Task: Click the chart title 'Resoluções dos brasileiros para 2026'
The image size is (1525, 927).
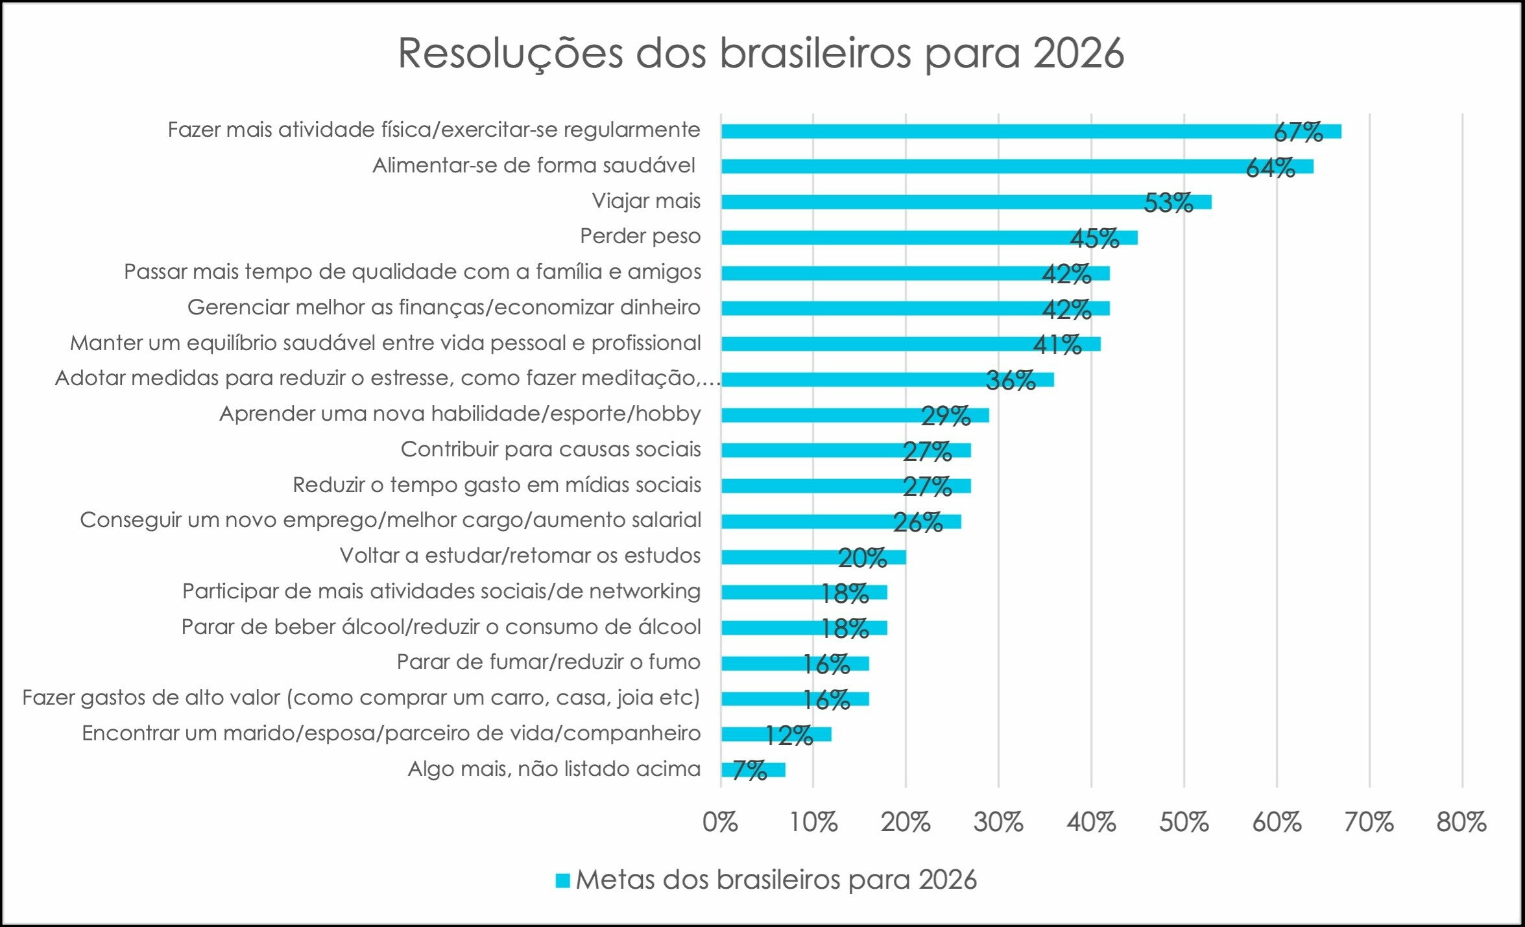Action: (x=760, y=53)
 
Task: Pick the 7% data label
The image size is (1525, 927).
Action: (x=750, y=770)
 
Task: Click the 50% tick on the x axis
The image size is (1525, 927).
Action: (x=1184, y=823)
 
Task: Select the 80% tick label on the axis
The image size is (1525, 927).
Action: (x=1461, y=823)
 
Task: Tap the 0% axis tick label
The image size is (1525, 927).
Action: (x=720, y=823)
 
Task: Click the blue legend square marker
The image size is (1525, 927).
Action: (x=562, y=880)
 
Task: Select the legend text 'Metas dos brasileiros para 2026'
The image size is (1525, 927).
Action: (x=776, y=880)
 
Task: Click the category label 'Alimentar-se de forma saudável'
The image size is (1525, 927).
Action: (x=534, y=166)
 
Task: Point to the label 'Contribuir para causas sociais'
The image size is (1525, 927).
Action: (x=551, y=449)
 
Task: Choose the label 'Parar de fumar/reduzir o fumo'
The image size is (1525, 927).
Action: (x=549, y=662)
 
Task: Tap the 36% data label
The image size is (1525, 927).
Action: (x=1011, y=381)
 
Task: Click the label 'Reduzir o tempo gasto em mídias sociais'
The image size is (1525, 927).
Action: (x=497, y=485)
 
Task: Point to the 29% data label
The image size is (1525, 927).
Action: (x=946, y=416)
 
